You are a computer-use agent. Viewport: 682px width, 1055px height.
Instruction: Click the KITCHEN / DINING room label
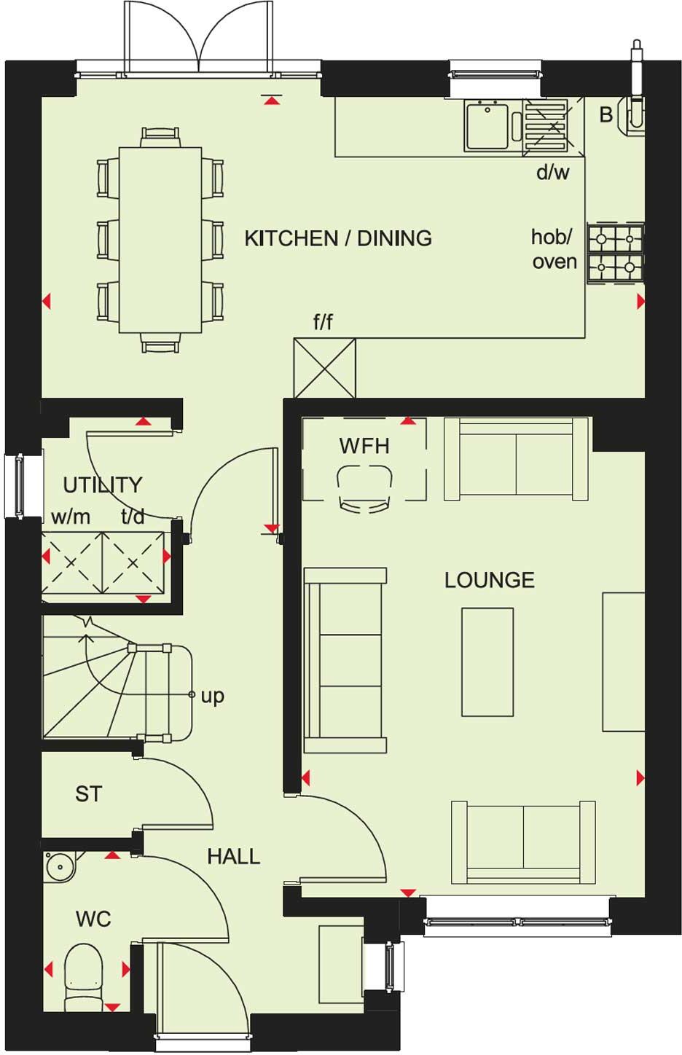click(337, 238)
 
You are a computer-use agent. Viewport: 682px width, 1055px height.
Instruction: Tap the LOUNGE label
click(489, 580)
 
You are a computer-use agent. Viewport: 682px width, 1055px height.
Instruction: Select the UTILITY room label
click(102, 485)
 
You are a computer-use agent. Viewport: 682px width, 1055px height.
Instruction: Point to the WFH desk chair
click(364, 489)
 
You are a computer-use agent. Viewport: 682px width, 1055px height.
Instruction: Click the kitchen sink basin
click(487, 127)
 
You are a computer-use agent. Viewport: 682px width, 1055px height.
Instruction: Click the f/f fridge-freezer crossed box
click(325, 368)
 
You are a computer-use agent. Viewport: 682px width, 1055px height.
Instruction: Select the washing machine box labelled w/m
click(71, 562)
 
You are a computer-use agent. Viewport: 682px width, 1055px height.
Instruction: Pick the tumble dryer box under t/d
click(133, 562)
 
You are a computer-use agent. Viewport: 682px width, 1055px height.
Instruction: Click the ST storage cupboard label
click(88, 793)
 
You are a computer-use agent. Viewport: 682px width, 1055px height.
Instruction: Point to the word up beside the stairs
click(212, 696)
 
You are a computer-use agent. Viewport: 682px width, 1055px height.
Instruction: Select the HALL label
click(233, 856)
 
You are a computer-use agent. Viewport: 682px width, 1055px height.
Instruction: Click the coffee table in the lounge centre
click(487, 662)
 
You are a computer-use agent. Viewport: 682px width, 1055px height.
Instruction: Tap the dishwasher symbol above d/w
click(553, 126)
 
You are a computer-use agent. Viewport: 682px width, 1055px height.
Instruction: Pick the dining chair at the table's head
click(160, 136)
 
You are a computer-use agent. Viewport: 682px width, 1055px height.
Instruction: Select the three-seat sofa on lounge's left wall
click(344, 659)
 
